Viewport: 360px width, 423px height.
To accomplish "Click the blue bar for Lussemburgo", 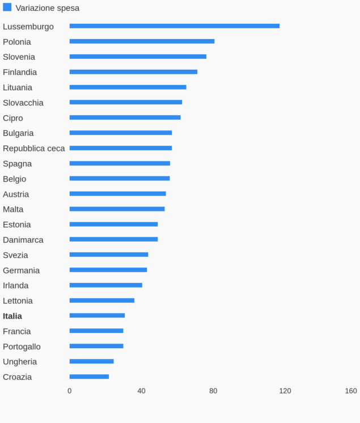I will [174, 26].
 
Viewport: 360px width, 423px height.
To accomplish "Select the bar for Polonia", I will [142, 41].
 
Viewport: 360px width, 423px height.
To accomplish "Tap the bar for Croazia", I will [89, 377].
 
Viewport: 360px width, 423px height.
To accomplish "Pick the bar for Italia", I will [97, 315].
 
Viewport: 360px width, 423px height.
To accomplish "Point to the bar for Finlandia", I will [133, 72].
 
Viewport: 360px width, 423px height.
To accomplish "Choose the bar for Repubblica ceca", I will [120, 148].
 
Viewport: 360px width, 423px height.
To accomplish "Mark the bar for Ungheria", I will [91, 361].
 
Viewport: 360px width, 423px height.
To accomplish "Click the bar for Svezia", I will [109, 255].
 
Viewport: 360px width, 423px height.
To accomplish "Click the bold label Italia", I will [12, 316].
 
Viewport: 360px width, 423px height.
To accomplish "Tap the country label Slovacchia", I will [23, 103].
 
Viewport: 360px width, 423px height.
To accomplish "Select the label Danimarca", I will [23, 240].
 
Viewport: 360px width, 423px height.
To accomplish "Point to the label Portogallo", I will [22, 346].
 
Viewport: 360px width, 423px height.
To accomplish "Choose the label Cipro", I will [13, 118].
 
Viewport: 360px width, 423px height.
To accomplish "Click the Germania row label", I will [21, 270].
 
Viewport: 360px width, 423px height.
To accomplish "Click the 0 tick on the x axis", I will [70, 391].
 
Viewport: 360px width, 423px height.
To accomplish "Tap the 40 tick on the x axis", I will [142, 391].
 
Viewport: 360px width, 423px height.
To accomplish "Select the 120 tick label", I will [285, 391].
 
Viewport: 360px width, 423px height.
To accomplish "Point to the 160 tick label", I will [351, 391].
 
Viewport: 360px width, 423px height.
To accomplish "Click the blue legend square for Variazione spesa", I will [7, 7].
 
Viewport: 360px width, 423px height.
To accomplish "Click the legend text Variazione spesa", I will [48, 8].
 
